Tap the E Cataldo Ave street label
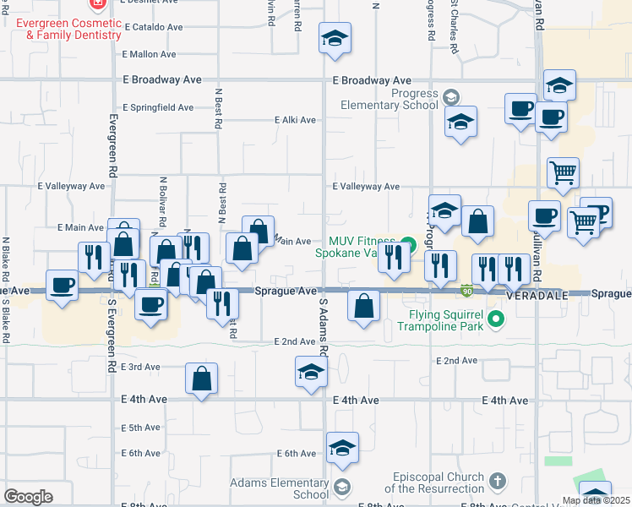(154, 27)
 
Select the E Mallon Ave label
(149, 54)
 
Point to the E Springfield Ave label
(158, 108)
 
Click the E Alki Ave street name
(295, 120)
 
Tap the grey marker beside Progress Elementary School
(450, 96)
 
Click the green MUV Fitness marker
(408, 246)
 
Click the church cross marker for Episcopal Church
(499, 482)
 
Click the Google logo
(28, 497)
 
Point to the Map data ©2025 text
(596, 500)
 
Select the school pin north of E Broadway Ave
(335, 38)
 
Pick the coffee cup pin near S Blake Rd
(62, 286)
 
